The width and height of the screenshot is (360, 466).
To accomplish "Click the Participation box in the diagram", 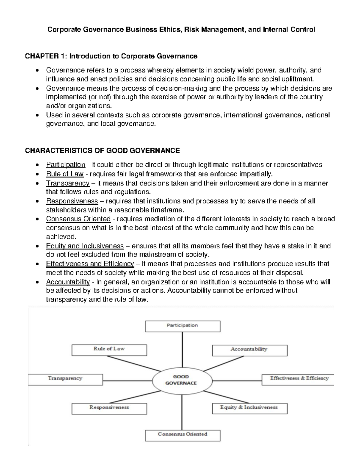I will [x=182, y=326].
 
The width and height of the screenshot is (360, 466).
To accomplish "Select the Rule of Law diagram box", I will [x=109, y=350].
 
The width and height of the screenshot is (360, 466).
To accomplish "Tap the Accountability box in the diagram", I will [x=249, y=350].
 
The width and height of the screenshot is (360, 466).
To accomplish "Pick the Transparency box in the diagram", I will [x=65, y=379].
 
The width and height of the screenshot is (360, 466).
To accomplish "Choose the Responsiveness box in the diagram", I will [x=109, y=408].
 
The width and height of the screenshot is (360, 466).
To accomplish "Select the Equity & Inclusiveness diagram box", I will [x=249, y=408].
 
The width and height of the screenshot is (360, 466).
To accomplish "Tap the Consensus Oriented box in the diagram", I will [x=182, y=435].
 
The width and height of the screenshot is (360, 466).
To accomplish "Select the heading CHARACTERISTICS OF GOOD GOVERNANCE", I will [x=102, y=150].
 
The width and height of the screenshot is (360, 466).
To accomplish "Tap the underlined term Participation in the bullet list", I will [x=65, y=165].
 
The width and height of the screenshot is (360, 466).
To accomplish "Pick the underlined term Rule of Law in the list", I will [x=64, y=174].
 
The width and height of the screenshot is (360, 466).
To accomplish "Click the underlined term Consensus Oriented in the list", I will [x=78, y=219].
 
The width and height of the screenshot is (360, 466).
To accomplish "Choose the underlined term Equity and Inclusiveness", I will [x=85, y=246].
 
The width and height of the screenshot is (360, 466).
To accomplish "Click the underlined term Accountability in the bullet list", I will [x=68, y=282].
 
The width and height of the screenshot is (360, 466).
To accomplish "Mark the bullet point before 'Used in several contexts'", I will [x=37, y=115].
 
